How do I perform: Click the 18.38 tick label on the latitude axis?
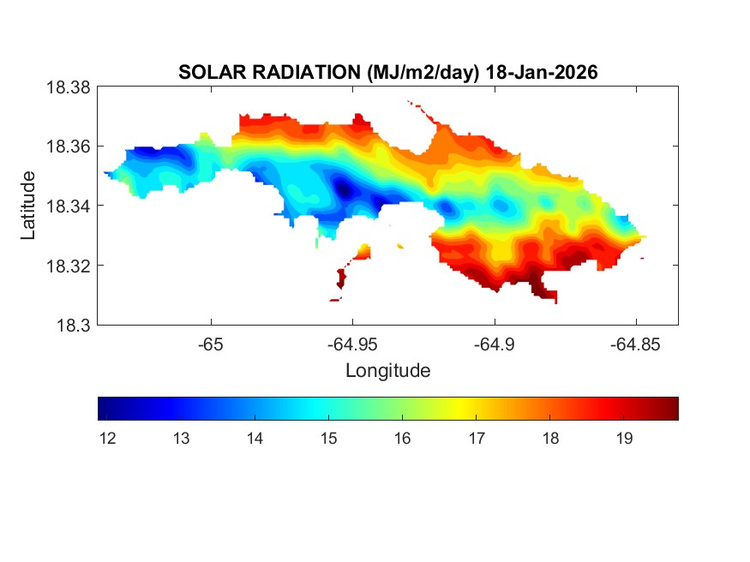pyautogui.click(x=68, y=87)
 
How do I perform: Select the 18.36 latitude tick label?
pyautogui.click(x=68, y=146)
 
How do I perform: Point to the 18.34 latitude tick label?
pyautogui.click(x=68, y=206)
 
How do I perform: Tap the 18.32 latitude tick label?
pyautogui.click(x=68, y=266)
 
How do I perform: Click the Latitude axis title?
pyautogui.click(x=29, y=206)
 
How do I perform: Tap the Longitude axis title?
pyautogui.click(x=387, y=371)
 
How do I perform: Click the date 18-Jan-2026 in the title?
pyautogui.click(x=542, y=73)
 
